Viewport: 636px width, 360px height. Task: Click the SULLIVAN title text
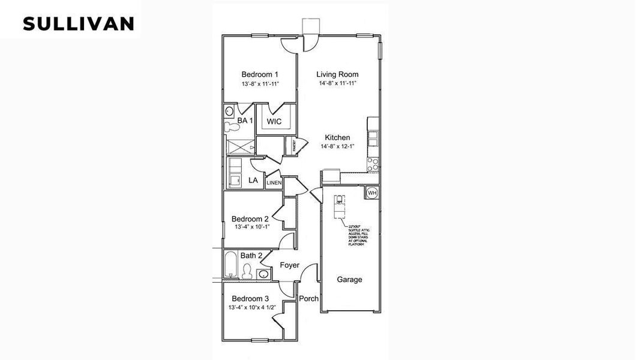[78, 23]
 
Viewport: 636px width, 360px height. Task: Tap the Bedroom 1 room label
[260, 74]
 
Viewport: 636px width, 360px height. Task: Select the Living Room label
[338, 74]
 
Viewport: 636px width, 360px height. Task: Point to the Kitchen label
[338, 137]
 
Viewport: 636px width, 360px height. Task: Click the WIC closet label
[274, 121]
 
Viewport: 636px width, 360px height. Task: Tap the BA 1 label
[245, 121]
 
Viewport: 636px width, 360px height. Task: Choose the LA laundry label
[253, 180]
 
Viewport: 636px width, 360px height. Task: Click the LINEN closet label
[274, 182]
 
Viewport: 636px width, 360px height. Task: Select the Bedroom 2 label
[250, 219]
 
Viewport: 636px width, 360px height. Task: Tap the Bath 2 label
[251, 256]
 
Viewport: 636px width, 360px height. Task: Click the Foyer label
[289, 265]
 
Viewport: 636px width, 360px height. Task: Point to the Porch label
[309, 299]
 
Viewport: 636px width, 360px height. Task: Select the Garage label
[349, 280]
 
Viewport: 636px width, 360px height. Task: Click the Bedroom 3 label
[250, 299]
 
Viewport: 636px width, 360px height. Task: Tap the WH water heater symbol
[372, 193]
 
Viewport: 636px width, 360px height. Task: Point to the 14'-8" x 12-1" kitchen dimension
[338, 146]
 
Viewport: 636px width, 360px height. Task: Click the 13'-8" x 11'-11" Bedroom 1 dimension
[260, 83]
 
